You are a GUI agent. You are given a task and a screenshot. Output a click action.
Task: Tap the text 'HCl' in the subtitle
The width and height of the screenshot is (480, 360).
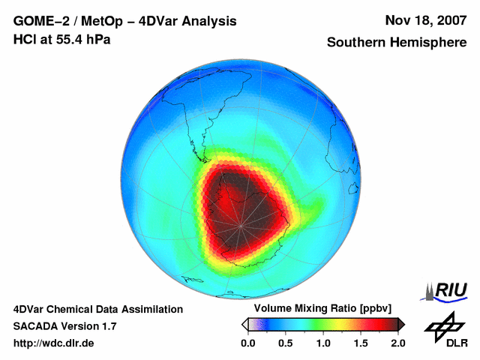pos(23,39)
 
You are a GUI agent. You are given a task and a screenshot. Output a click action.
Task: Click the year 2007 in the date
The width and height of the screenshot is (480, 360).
pos(450,20)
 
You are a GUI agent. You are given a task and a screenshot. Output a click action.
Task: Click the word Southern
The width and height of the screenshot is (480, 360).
pos(355,43)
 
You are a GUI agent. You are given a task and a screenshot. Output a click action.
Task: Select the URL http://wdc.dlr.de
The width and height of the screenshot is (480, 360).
pos(54,343)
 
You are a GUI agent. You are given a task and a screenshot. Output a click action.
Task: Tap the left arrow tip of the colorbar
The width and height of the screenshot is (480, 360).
pos(244,324)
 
